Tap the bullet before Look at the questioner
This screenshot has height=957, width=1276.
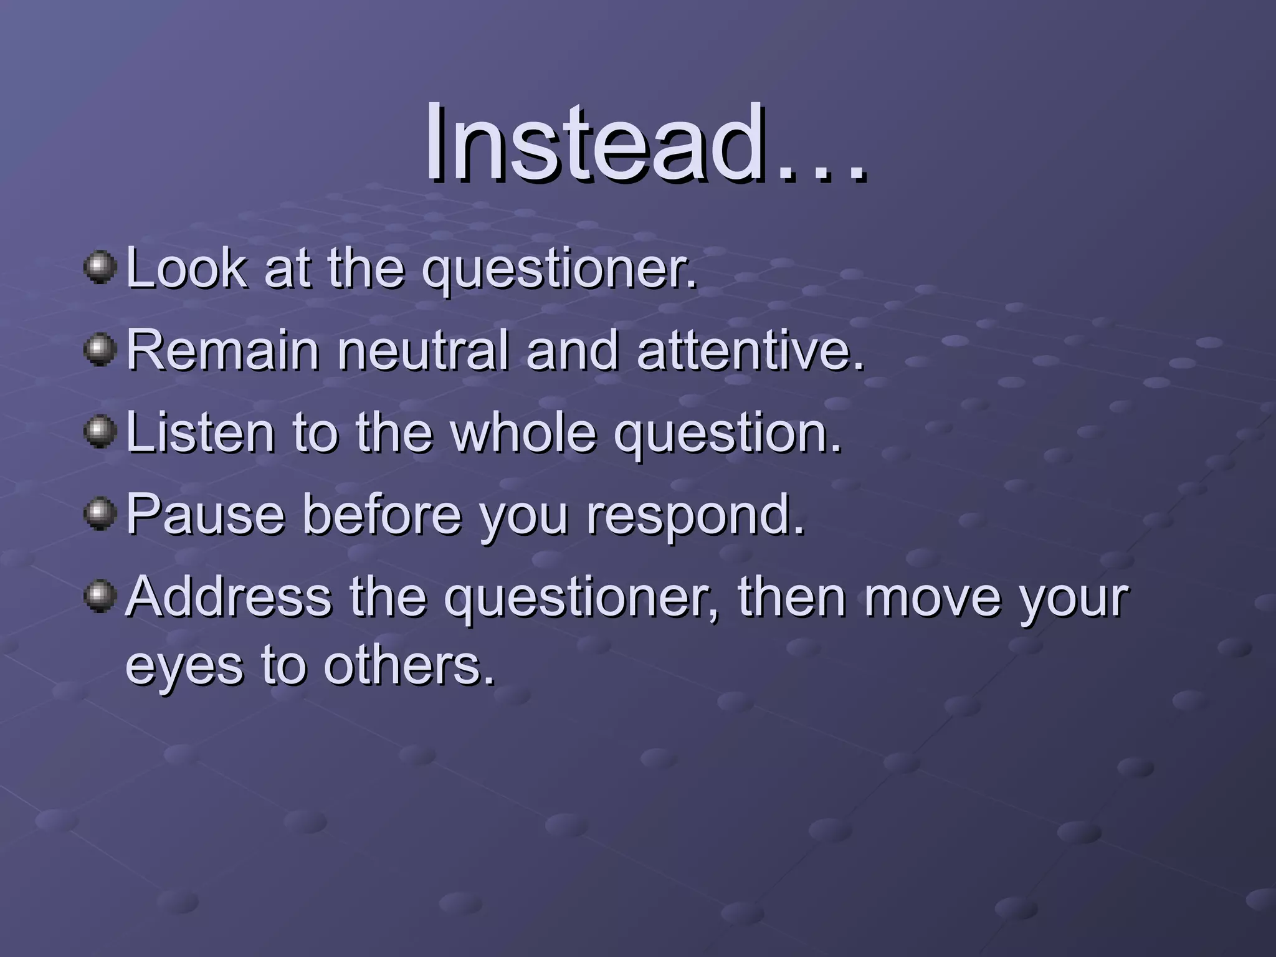pyautogui.click(x=100, y=267)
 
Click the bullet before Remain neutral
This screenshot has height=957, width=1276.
pyautogui.click(x=100, y=350)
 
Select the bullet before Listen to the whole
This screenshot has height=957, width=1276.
pyautogui.click(x=100, y=432)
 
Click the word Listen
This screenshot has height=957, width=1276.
pyautogui.click(x=200, y=432)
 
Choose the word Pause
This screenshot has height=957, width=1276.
pyautogui.click(x=206, y=515)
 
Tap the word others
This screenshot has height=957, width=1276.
pyautogui.click(x=409, y=665)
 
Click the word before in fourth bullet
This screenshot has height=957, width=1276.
pyautogui.click(x=382, y=515)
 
